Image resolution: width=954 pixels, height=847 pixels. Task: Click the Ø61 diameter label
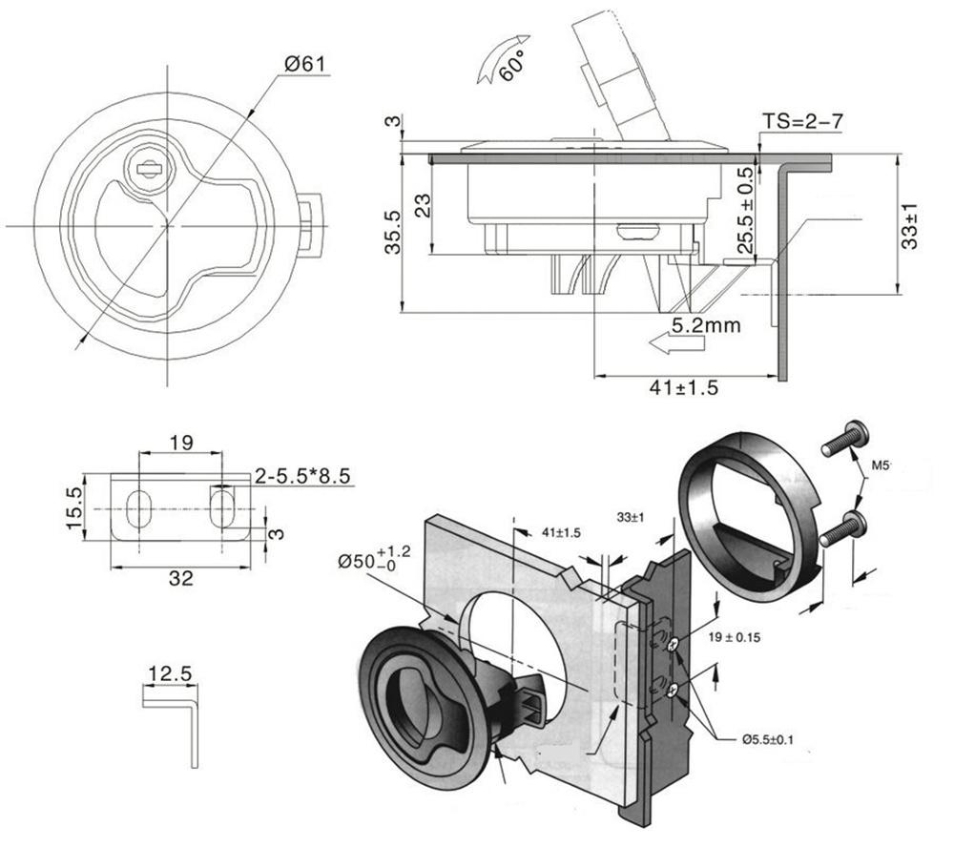tap(305, 64)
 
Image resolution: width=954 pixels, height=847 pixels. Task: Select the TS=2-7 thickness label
tap(802, 122)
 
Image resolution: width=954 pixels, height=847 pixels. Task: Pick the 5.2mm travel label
tap(707, 325)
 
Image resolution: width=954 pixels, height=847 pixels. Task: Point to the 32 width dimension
tap(181, 577)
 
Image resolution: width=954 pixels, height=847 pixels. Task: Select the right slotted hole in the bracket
tap(222, 506)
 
